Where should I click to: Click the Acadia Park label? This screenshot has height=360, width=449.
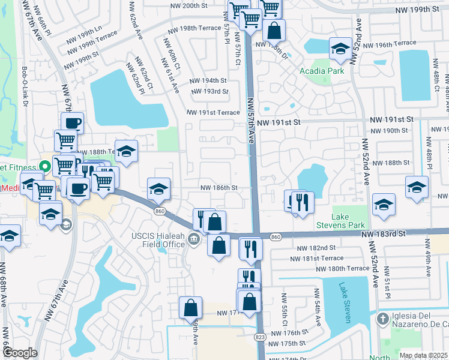(x=321, y=70)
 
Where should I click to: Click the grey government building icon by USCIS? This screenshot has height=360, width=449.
(x=194, y=240)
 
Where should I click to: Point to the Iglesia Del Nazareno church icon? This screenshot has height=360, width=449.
(x=382, y=320)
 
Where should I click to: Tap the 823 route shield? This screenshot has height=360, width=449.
(x=261, y=338)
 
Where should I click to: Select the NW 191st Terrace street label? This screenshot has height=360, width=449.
(x=213, y=112)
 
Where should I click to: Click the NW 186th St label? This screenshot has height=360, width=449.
(x=218, y=188)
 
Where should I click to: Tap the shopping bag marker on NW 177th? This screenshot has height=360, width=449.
(x=190, y=308)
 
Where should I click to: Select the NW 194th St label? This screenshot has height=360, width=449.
(x=208, y=80)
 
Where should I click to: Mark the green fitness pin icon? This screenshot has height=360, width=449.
(x=44, y=165)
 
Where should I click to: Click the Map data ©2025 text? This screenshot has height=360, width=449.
(x=423, y=355)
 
